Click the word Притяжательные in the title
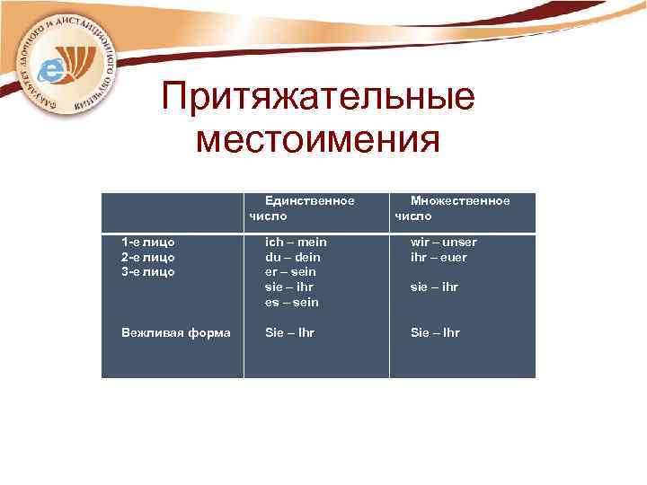coord(318,98)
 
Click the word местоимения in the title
coord(318,140)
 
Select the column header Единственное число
coord(302,208)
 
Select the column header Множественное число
coord(451,208)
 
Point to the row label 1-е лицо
coord(148,242)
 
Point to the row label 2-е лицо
coord(148,257)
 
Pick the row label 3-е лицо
coord(148,271)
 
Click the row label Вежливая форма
coord(175,332)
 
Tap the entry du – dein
coord(293,257)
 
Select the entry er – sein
coord(291,271)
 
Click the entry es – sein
coord(291,302)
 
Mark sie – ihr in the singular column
coord(289,287)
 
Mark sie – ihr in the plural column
coord(434,287)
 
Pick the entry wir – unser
coord(444,242)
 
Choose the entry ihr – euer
coord(439,257)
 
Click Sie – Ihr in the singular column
coord(289,332)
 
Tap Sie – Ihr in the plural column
coord(435,332)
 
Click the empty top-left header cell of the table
coord(172,213)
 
